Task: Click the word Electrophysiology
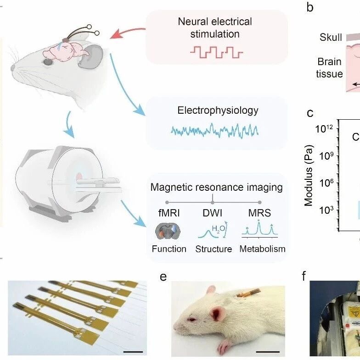click(218, 111)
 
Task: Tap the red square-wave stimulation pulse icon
click(217, 52)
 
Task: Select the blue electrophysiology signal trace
click(215, 131)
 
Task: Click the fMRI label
click(169, 213)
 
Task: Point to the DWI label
click(213, 213)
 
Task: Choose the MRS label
click(259, 213)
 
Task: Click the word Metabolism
click(262, 249)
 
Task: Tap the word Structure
click(214, 249)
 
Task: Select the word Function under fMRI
click(169, 249)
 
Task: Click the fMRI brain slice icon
click(168, 231)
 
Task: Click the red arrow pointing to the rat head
click(127, 33)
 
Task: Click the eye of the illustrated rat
click(48, 62)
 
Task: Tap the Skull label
click(331, 37)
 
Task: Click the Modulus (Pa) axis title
click(309, 176)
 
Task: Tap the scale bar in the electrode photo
click(133, 351)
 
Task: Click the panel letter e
click(163, 277)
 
